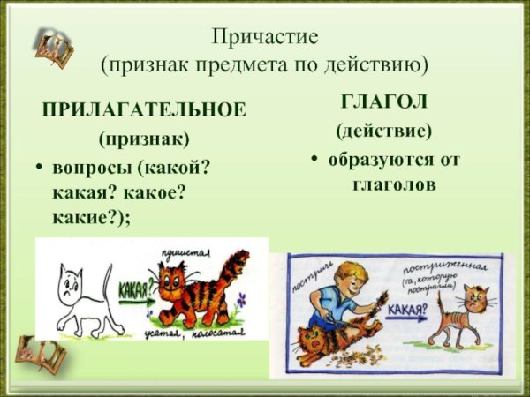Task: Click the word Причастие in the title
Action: [x=264, y=37]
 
